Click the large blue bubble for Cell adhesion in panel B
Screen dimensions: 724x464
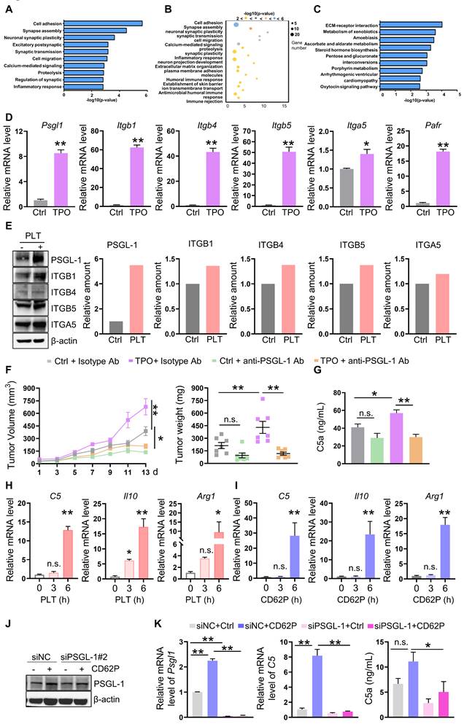point(236,24)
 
